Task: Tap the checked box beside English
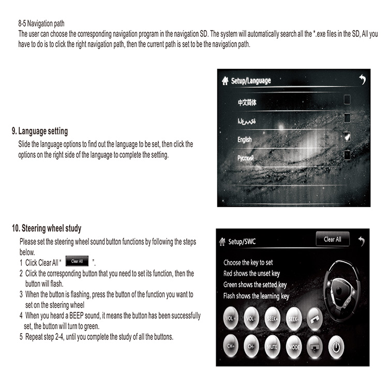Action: coord(347,137)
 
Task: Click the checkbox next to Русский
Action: coord(347,155)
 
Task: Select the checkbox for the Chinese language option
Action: coord(347,99)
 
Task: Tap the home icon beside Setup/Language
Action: coord(225,81)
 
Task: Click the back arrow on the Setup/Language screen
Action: coord(362,80)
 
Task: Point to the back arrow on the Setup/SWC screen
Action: coord(361,241)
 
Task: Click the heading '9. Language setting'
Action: coord(40,131)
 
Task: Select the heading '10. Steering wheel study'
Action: coord(47,228)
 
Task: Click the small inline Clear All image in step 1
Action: coord(77,262)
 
